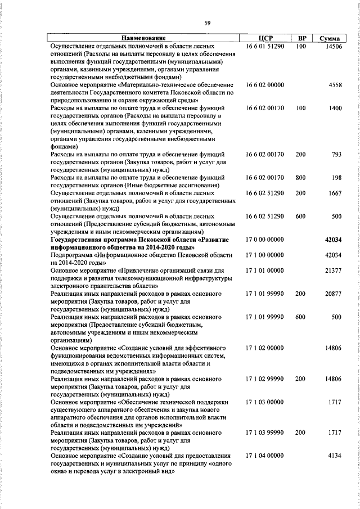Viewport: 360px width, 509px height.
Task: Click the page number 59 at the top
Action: pyautogui.click(x=208, y=22)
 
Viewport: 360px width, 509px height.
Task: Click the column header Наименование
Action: pyautogui.click(x=144, y=38)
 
